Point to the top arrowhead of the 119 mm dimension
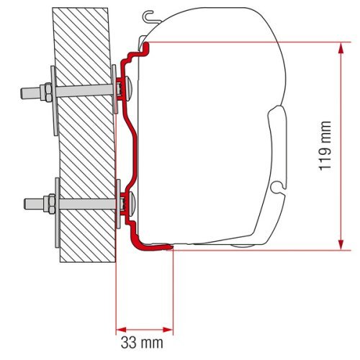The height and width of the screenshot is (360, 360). tap(338, 45)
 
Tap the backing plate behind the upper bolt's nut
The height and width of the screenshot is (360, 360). tap(54, 101)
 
